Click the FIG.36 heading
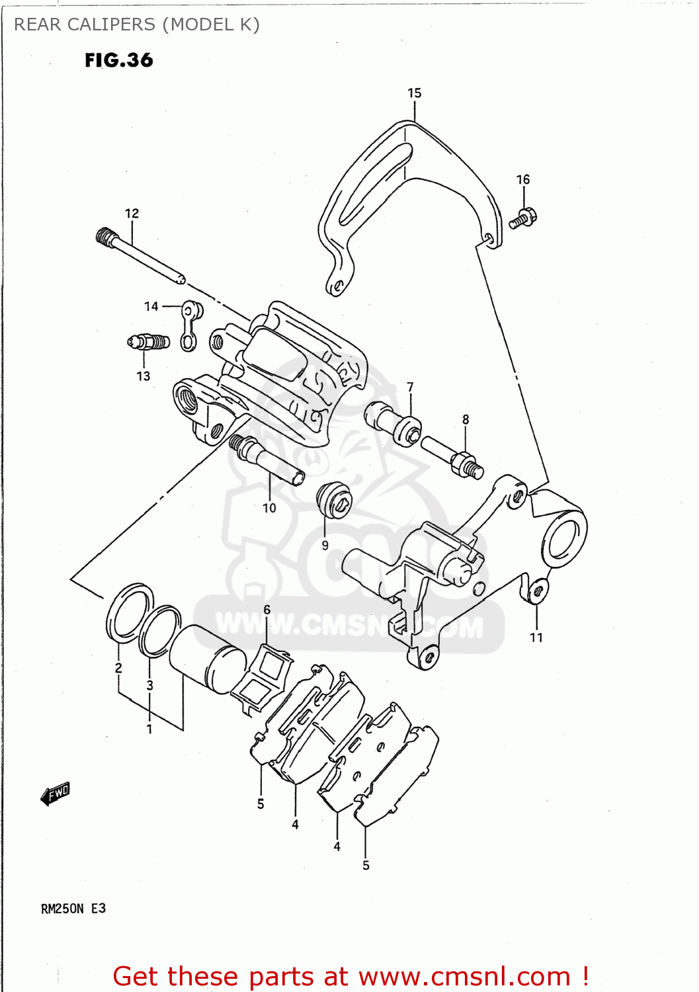[119, 60]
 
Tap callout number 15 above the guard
[415, 93]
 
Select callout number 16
[523, 180]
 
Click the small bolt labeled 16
[524, 218]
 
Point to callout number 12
[132, 214]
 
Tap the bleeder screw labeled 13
[148, 342]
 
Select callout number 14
[151, 307]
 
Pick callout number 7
[411, 387]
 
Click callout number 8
[466, 419]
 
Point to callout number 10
[269, 508]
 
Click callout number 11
[536, 638]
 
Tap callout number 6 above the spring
[267, 609]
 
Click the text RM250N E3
[73, 909]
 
